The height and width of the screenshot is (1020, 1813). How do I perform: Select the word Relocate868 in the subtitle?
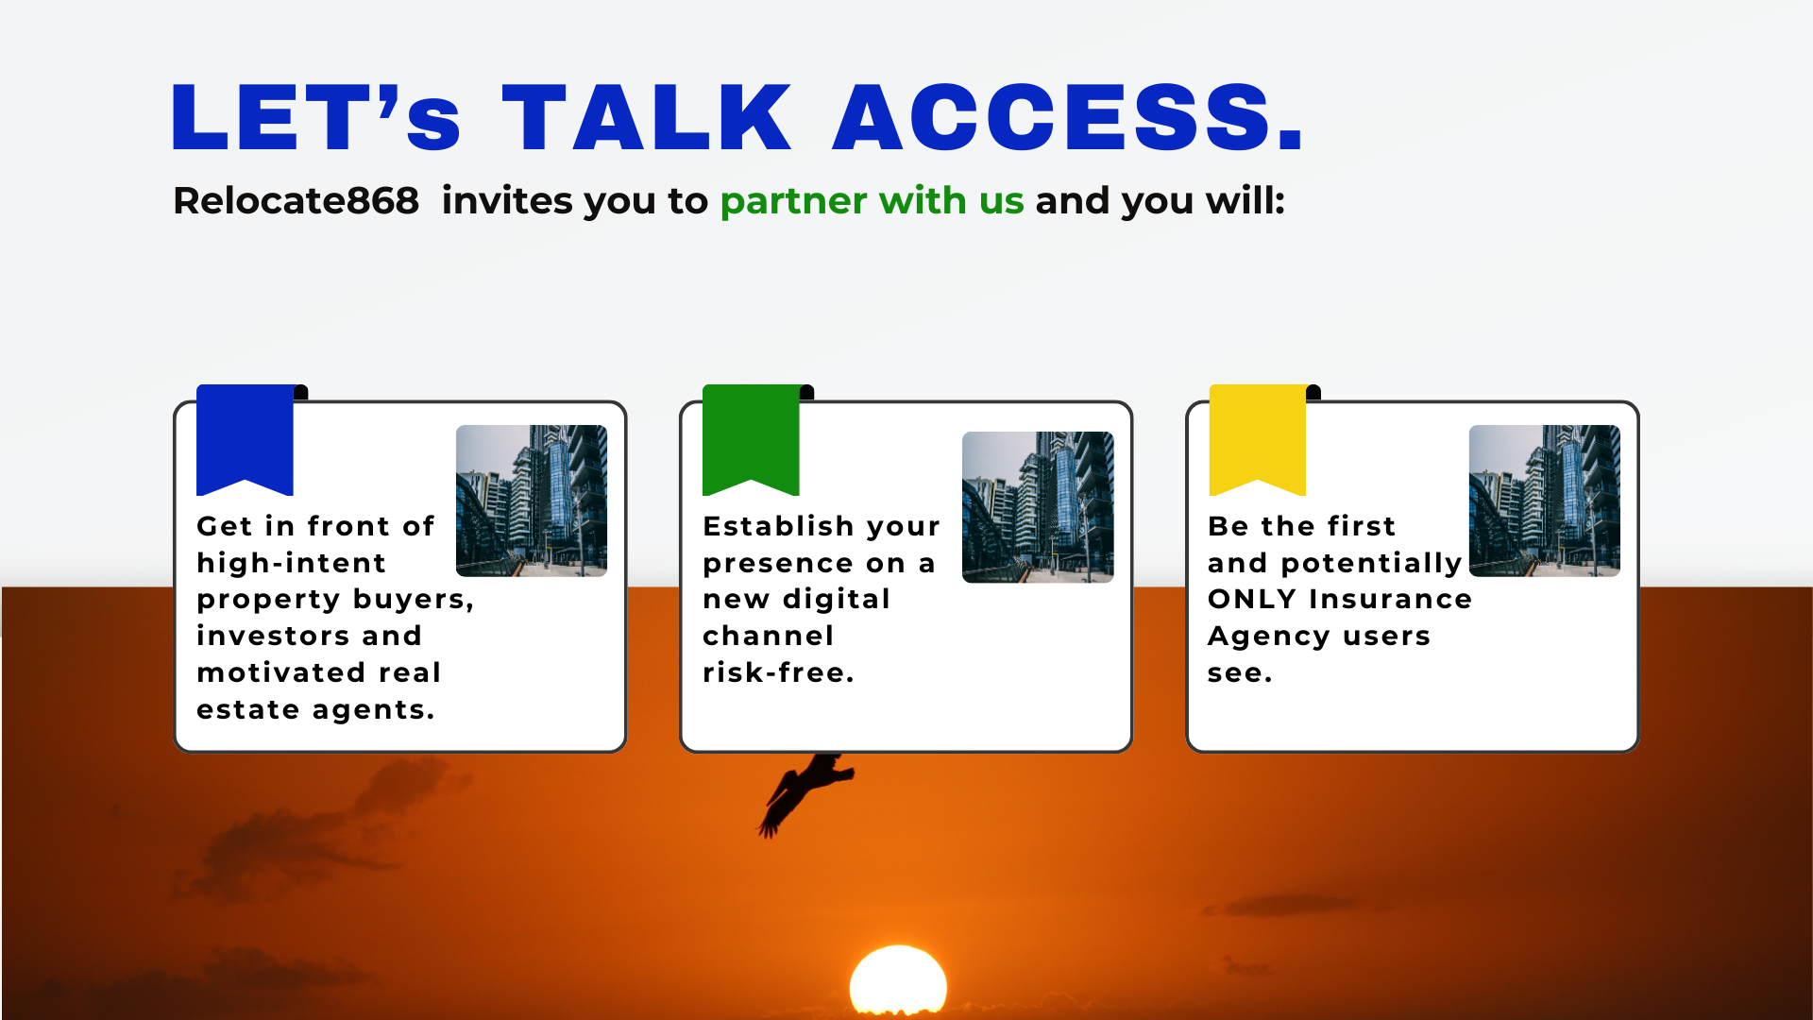pos(296,200)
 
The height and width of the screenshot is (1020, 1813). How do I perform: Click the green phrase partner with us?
pos(872,201)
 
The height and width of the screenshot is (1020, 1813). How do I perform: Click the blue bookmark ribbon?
pos(245,439)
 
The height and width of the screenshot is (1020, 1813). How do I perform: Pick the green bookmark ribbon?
pos(751,439)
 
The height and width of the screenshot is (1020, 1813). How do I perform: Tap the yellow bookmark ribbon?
pos(1258,439)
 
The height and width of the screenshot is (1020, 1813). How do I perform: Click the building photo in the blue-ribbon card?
pos(532,501)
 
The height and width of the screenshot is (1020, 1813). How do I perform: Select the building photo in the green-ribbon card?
pos(1038,507)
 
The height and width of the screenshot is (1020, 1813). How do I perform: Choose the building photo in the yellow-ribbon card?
pos(1545,501)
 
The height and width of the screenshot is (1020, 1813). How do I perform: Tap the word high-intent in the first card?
pos(291,563)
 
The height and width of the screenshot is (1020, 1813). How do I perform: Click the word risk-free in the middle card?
pos(778,672)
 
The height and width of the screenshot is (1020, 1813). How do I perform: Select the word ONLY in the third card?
pos(1252,599)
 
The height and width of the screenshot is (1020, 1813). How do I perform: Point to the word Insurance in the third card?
pos(1390,599)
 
